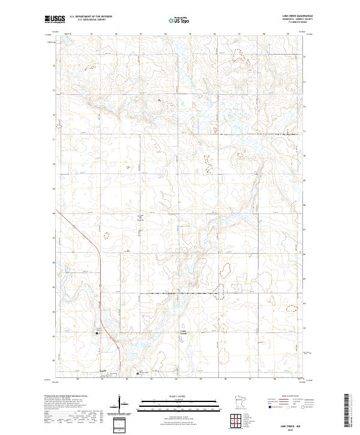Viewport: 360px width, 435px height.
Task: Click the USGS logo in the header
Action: (55, 19)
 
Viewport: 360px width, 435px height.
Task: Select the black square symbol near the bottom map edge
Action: (138, 373)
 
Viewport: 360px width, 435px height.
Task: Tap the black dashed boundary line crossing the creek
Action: (180, 294)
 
